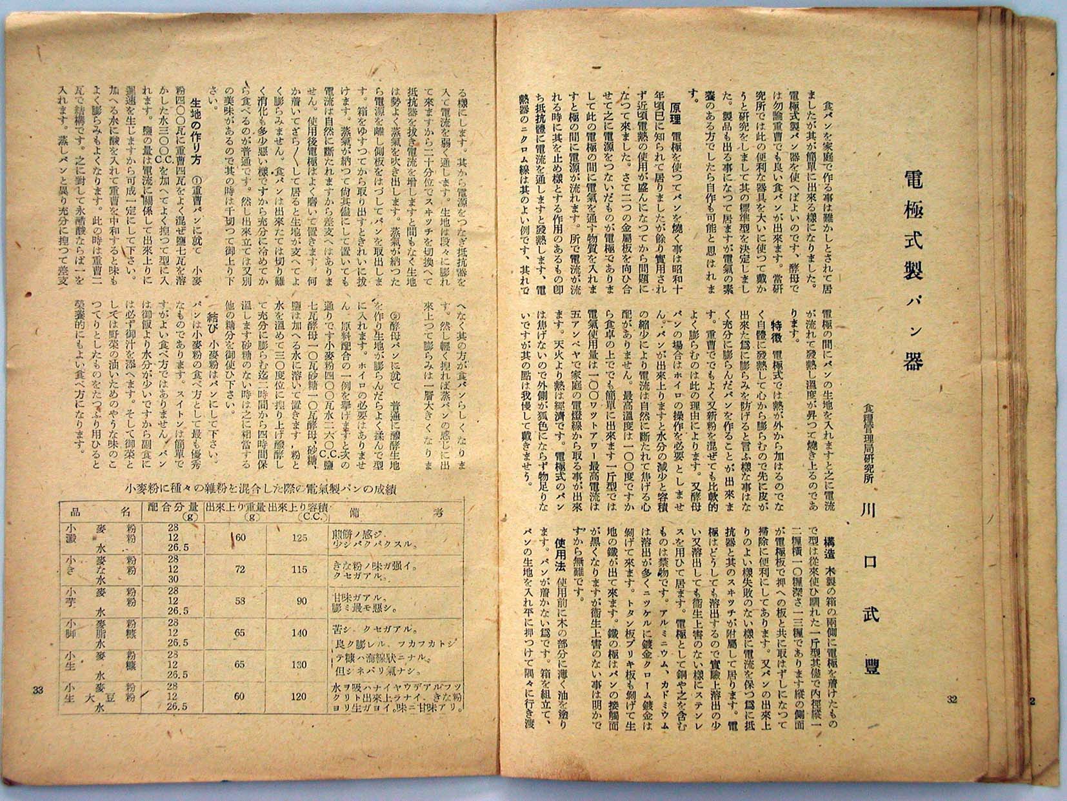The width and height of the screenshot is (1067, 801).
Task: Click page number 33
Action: click(x=37, y=690)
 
